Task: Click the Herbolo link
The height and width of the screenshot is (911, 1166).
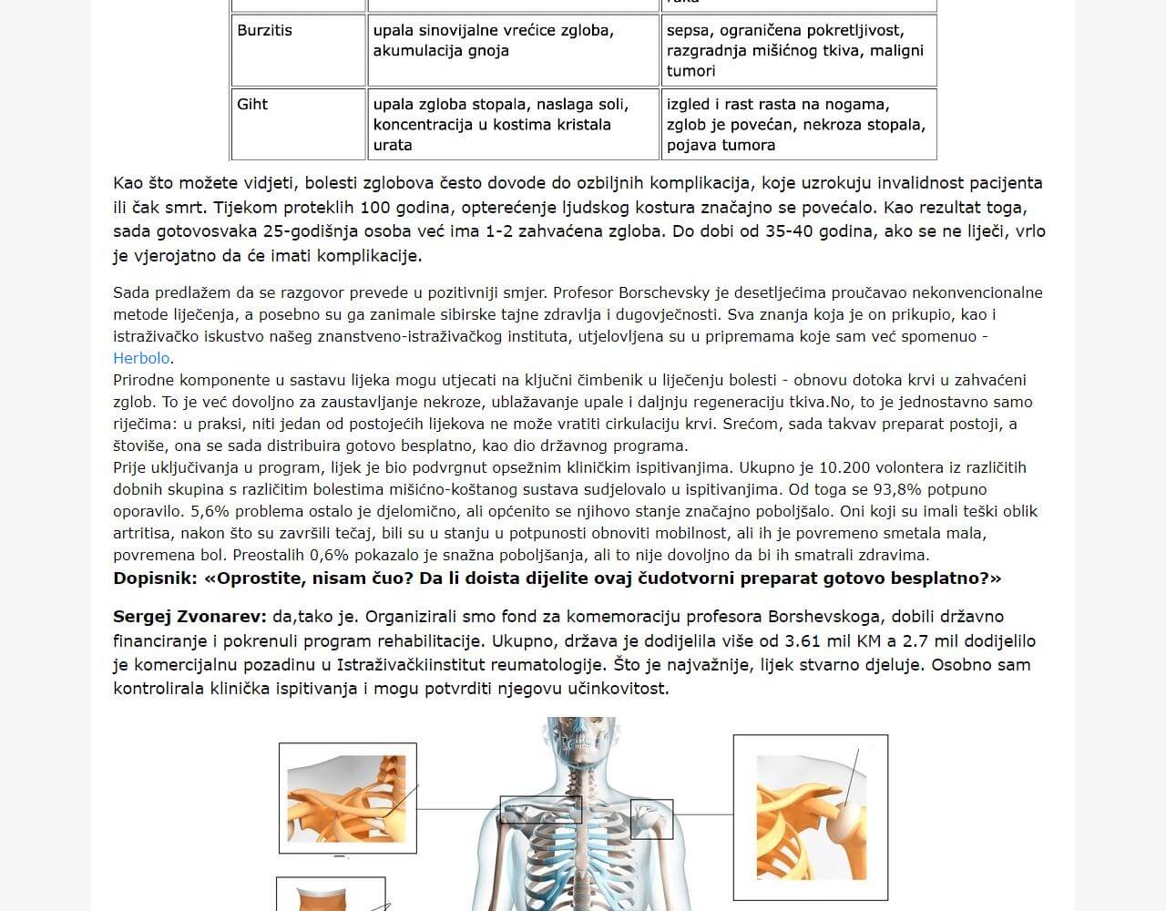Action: pyautogui.click(x=142, y=358)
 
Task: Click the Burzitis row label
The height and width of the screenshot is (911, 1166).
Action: pyautogui.click(x=264, y=30)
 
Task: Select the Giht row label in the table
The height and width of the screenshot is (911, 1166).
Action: pyautogui.click(x=252, y=104)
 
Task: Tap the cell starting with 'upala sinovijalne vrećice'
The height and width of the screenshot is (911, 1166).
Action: pyautogui.click(x=493, y=40)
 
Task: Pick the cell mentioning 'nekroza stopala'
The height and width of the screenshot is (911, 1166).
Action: pyautogui.click(x=795, y=124)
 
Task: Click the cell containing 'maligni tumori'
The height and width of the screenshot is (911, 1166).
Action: pyautogui.click(x=794, y=50)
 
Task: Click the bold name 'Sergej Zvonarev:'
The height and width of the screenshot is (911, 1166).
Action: pyautogui.click(x=190, y=617)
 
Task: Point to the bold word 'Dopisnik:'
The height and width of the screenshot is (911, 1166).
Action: pyautogui.click(x=155, y=578)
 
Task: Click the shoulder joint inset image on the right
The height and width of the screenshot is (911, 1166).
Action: pyautogui.click(x=810, y=817)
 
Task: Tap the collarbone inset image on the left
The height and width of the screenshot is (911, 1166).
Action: pyautogui.click(x=347, y=798)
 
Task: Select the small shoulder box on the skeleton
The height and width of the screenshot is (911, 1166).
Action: pyautogui.click(x=651, y=818)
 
